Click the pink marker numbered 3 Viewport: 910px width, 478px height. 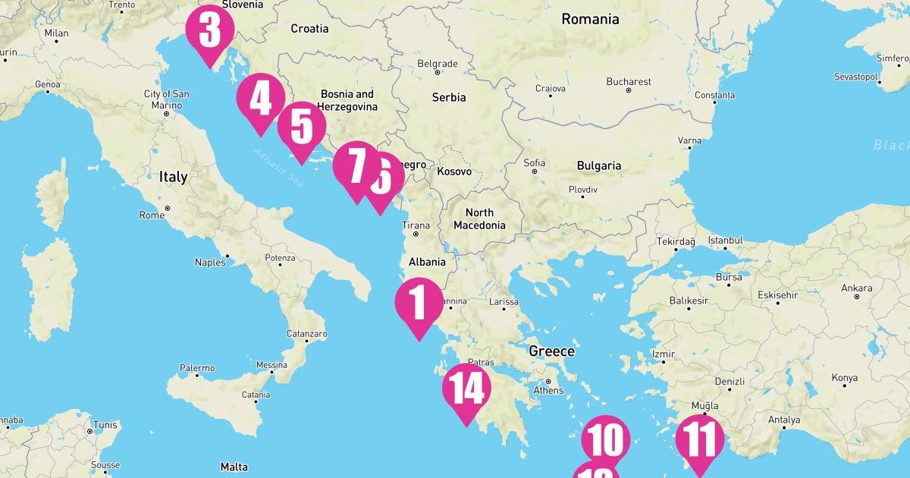pos(209,32)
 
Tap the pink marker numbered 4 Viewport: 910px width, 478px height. pos(260,99)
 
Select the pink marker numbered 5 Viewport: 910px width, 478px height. pos(301,127)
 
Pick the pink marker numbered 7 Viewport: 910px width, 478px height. pos(354,166)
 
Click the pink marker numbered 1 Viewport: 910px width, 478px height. pos(419,303)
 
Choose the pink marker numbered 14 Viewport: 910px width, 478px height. pos(467,389)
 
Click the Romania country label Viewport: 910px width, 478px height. pos(590,19)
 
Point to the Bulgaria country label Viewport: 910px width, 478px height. pos(598,165)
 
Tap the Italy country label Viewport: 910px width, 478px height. pos(173,177)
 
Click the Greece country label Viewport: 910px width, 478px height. pos(551,351)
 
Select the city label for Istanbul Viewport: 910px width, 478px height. pos(725,241)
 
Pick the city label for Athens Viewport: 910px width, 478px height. pos(548,390)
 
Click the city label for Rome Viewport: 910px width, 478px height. pos(152,215)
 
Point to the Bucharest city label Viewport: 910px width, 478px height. pos(628,82)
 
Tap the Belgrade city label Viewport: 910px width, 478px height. pos(438,64)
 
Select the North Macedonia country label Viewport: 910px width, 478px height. pos(479,219)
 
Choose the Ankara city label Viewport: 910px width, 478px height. pos(855,288)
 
